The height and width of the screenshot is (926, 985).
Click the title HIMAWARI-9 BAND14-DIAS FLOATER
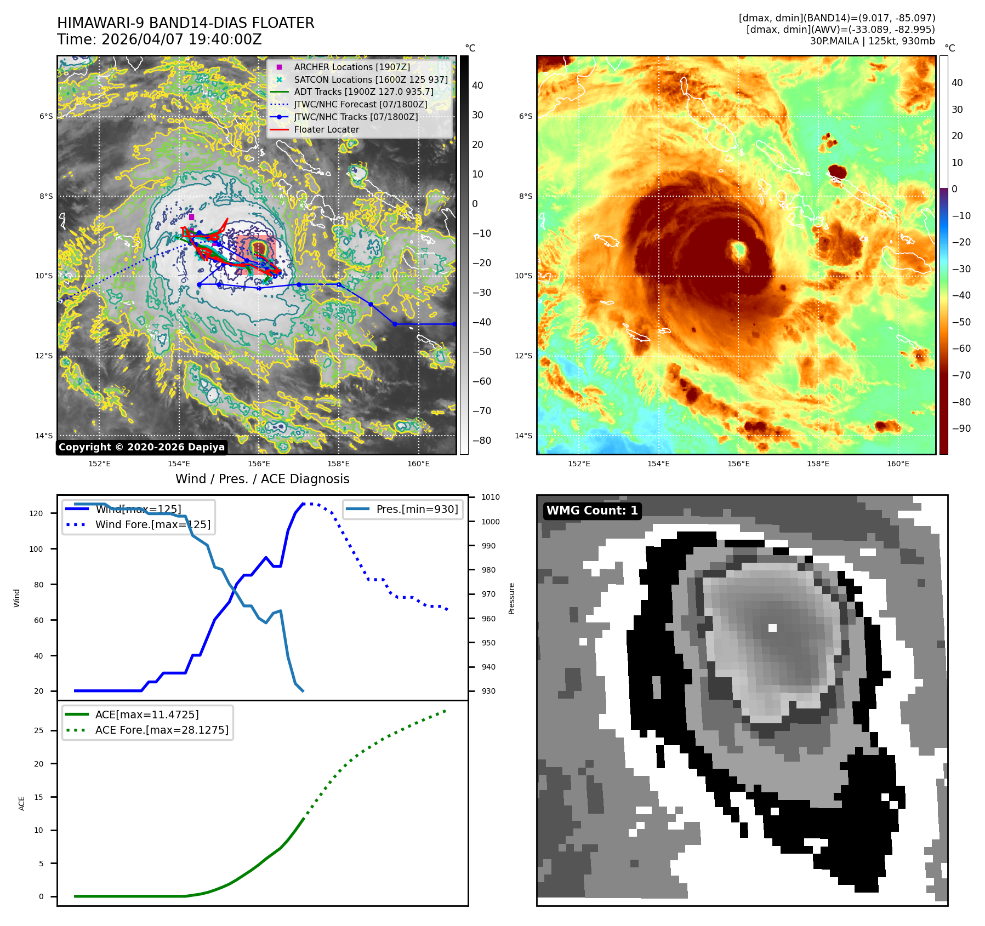click(185, 23)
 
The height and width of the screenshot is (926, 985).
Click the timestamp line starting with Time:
click(159, 39)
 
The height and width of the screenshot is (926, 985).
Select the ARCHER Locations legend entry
click(351, 67)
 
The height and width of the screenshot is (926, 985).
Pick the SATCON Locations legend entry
click(371, 79)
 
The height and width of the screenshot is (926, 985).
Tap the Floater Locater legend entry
click(326, 129)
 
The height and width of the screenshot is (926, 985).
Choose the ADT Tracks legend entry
click(363, 92)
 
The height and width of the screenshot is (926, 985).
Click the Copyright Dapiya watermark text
click(141, 447)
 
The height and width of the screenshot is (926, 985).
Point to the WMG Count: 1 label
click(592, 511)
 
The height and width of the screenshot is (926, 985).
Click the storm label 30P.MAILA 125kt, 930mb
click(872, 41)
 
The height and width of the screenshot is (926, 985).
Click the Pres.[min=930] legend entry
click(417, 509)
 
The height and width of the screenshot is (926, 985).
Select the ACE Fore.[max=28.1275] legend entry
click(162, 730)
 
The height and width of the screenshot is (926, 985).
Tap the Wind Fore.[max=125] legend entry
click(152, 524)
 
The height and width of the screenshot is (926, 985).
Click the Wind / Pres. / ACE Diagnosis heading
click(262, 479)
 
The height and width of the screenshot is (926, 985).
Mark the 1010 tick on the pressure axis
click(490, 498)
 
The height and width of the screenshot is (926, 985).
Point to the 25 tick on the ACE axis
click(38, 730)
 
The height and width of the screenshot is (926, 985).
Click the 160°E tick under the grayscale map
click(418, 464)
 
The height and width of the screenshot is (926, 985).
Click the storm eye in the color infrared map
click(739, 250)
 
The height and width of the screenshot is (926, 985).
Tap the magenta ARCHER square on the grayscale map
click(191, 218)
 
